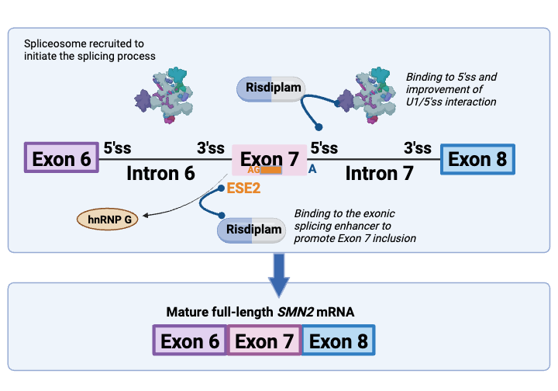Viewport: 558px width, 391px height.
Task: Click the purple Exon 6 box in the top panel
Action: tap(59, 159)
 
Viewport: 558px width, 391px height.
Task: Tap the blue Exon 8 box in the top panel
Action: tap(477, 159)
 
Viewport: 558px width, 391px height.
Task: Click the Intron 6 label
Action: tap(160, 174)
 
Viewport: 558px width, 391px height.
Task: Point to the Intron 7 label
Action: tap(379, 174)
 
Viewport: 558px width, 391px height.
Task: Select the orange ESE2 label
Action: tap(241, 188)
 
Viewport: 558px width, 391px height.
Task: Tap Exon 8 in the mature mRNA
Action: tap(337, 341)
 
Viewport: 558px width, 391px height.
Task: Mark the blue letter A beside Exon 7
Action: tap(312, 166)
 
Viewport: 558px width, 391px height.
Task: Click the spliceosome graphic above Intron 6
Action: tap(164, 94)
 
